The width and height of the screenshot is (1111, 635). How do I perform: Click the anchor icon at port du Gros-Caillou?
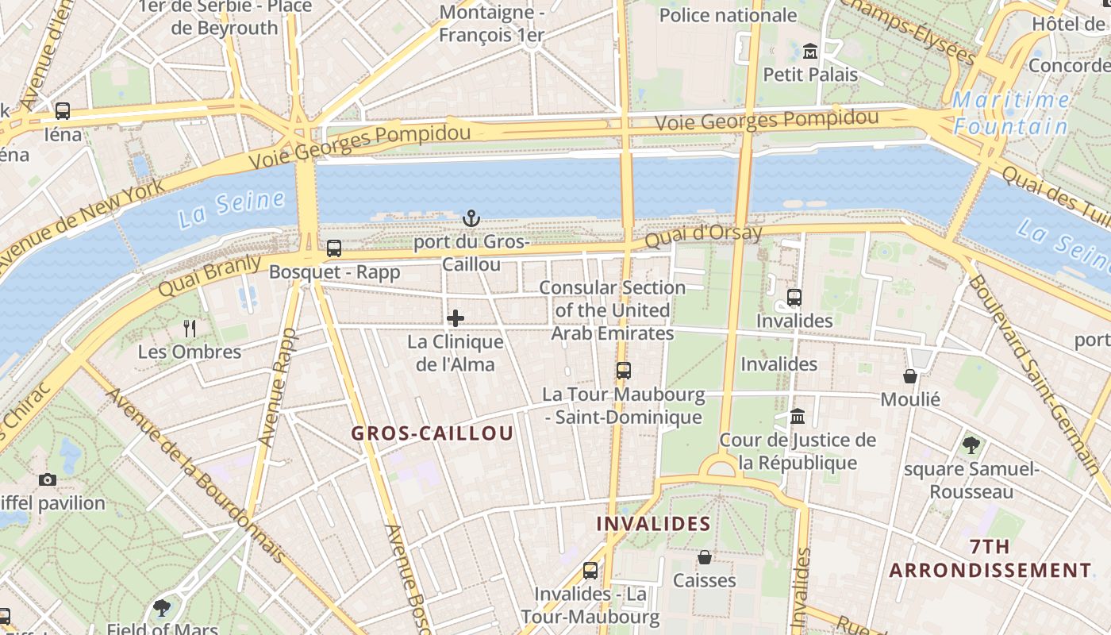click(x=471, y=217)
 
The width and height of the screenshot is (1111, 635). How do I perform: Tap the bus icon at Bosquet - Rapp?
click(x=334, y=248)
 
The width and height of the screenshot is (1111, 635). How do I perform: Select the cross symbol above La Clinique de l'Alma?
click(x=456, y=318)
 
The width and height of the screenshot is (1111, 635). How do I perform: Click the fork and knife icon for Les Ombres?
click(x=190, y=328)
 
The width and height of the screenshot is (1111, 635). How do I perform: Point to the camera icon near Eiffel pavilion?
click(x=48, y=479)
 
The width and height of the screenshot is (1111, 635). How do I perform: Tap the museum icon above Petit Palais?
click(x=810, y=52)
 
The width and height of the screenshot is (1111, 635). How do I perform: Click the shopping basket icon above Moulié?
click(x=910, y=375)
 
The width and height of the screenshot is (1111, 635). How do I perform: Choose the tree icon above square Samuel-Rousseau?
click(x=971, y=445)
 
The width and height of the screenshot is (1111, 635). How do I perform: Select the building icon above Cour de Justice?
click(x=798, y=416)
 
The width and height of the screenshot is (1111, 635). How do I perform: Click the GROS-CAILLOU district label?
click(x=432, y=433)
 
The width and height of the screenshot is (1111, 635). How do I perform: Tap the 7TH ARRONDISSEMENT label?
click(x=990, y=559)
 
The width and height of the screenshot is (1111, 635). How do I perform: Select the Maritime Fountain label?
click(x=1011, y=113)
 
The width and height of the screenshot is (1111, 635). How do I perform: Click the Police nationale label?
click(x=728, y=15)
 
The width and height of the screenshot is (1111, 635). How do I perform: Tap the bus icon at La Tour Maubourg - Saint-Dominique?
click(x=624, y=370)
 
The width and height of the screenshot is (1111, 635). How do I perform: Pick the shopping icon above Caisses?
click(x=704, y=557)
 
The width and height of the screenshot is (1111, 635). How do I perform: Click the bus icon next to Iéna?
click(x=63, y=111)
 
